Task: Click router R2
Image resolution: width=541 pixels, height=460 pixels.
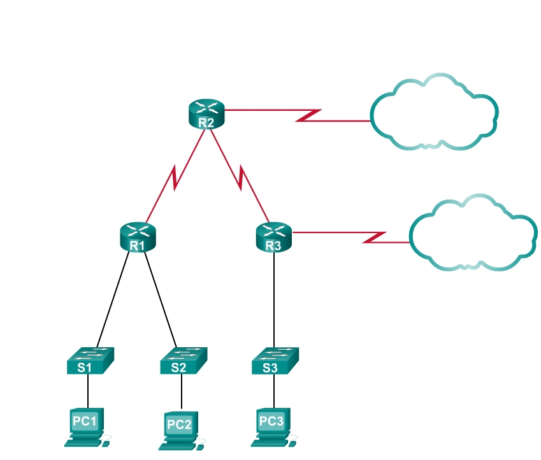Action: [207, 114]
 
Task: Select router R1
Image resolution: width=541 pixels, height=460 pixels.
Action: [138, 236]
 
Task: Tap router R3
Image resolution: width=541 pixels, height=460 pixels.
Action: [273, 236]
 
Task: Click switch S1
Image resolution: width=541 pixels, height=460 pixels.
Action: [90, 361]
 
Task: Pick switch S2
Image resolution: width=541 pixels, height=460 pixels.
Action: [183, 361]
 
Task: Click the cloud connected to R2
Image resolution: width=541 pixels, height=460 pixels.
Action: [433, 114]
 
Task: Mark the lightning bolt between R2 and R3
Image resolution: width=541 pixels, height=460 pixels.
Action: [240, 178]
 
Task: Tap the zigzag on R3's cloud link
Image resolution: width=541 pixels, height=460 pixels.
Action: [375, 237]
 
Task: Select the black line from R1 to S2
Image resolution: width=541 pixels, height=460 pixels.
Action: [161, 297]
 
